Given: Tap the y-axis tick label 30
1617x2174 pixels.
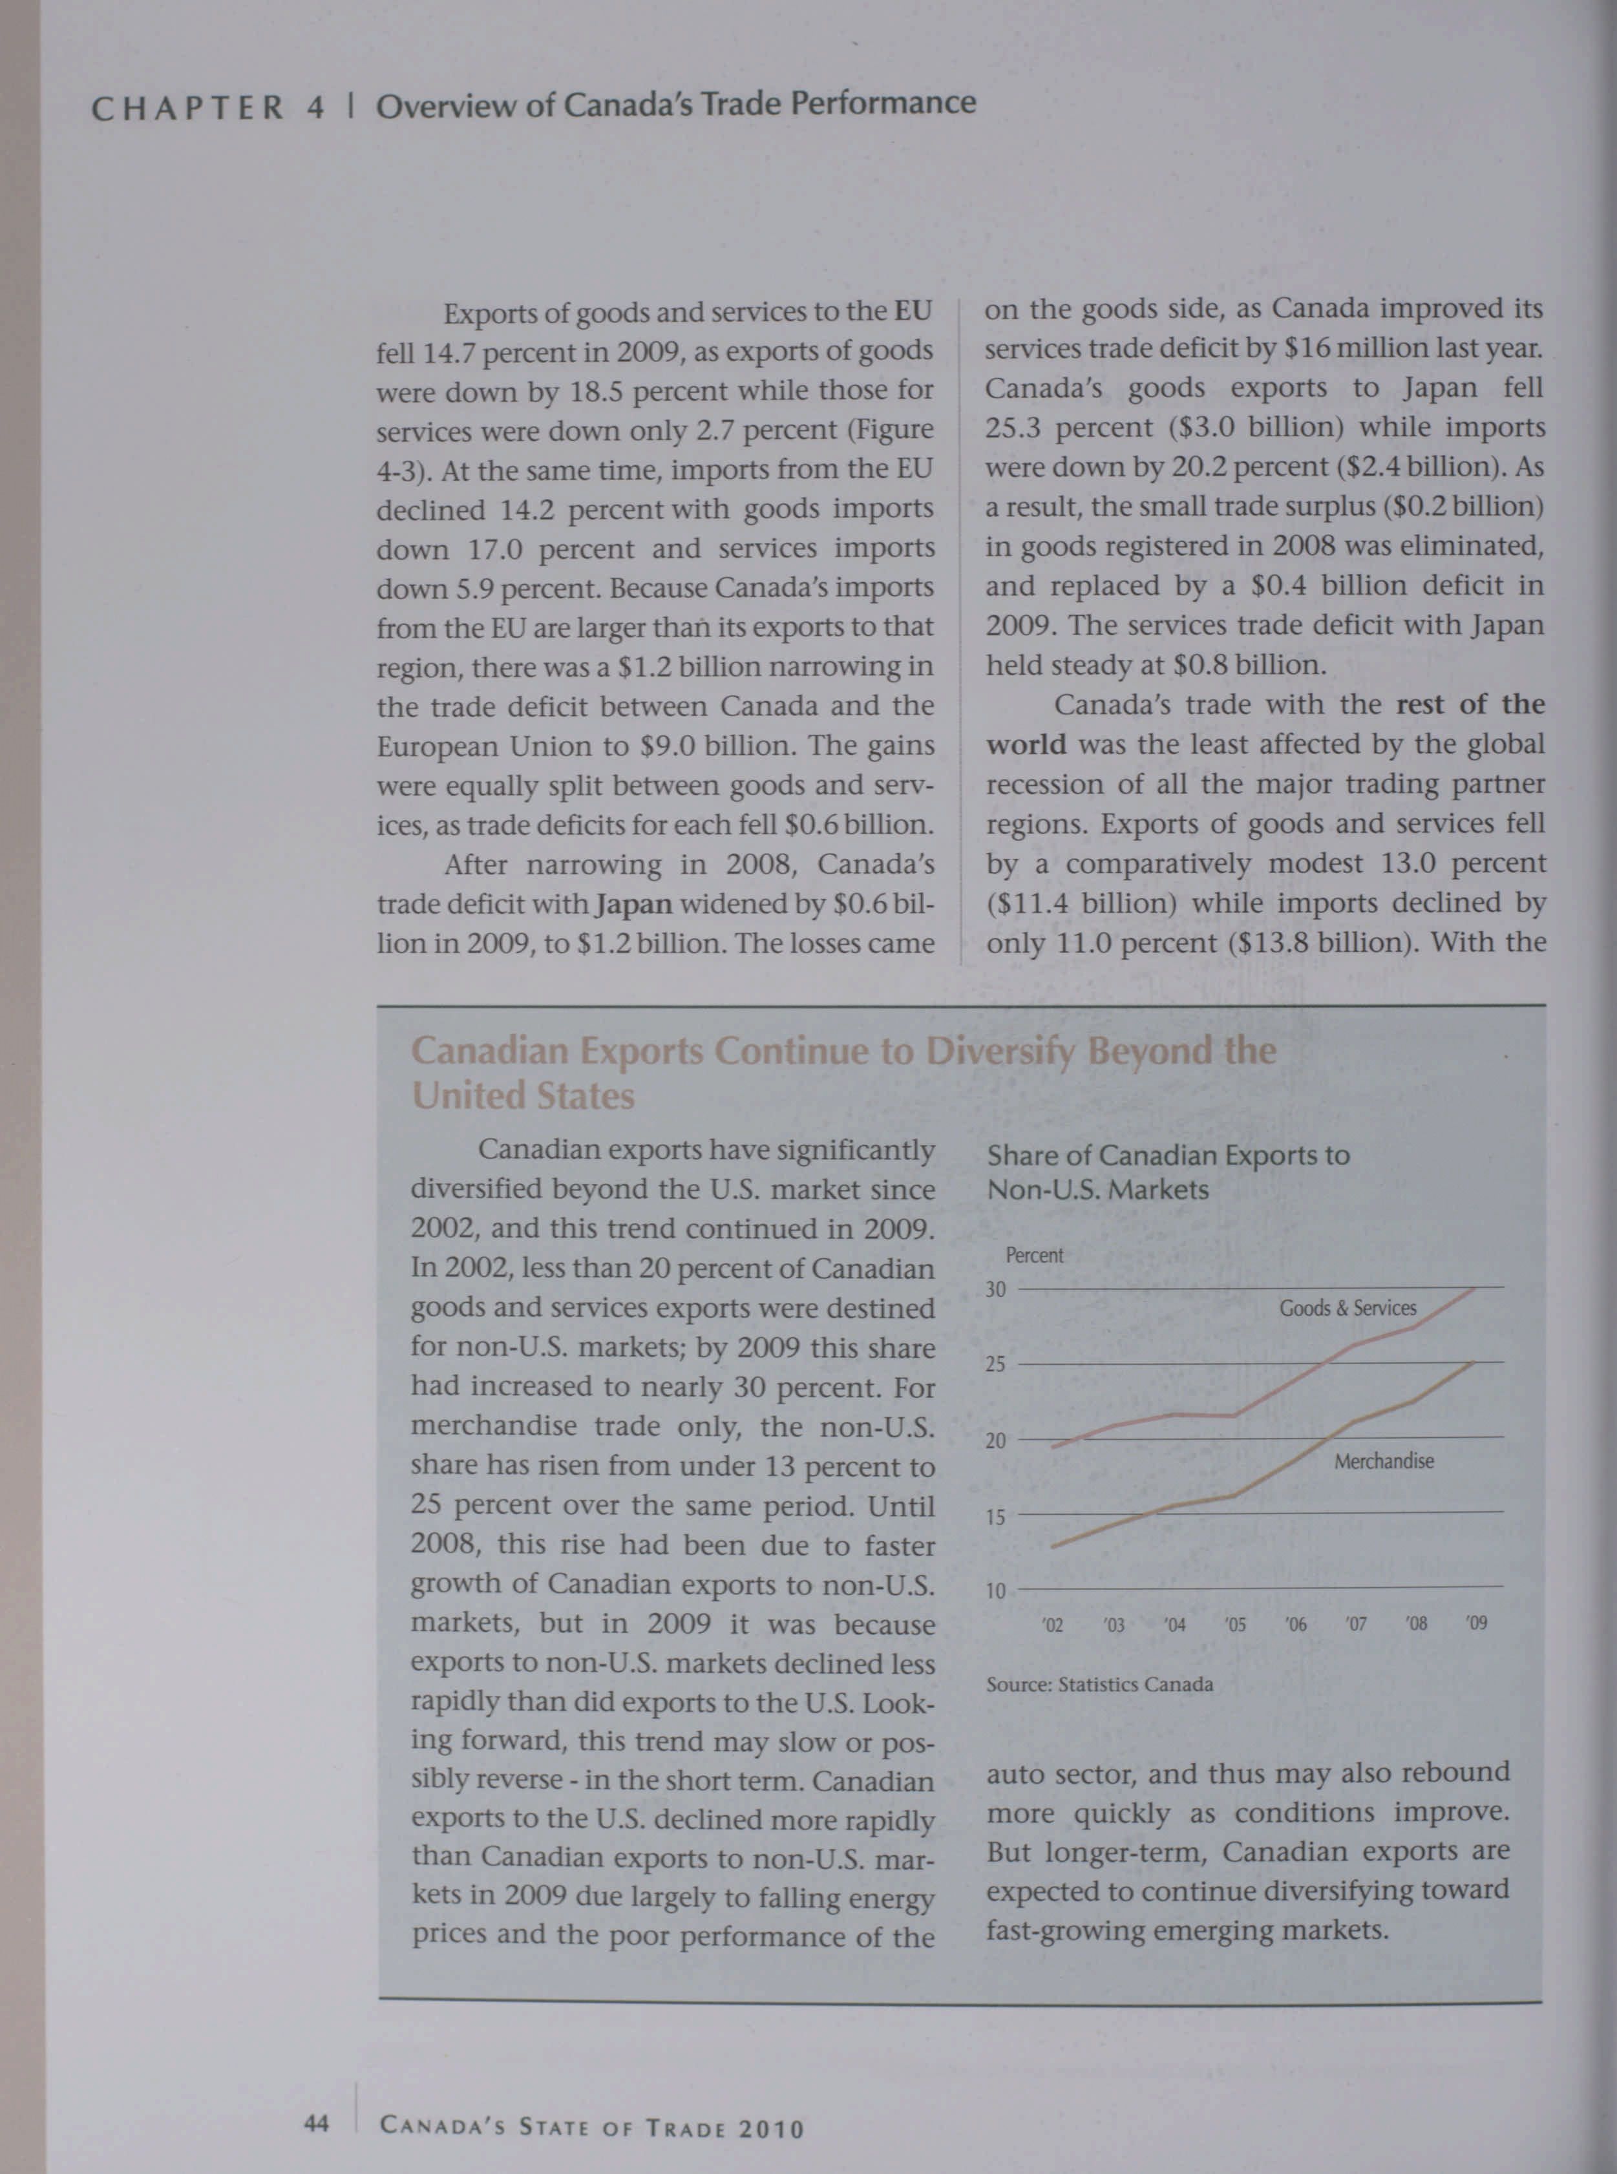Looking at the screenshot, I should click(x=995, y=1289).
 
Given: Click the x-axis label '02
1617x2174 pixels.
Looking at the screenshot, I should click(x=1052, y=1625).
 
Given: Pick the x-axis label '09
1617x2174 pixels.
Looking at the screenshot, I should click(x=1476, y=1623).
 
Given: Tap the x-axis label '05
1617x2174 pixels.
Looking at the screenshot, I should click(x=1234, y=1625).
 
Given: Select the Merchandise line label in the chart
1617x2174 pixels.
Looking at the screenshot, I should click(x=1383, y=1461).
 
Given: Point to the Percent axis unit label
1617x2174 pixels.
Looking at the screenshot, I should click(x=1033, y=1256).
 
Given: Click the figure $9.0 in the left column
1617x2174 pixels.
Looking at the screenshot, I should click(x=668, y=746).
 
